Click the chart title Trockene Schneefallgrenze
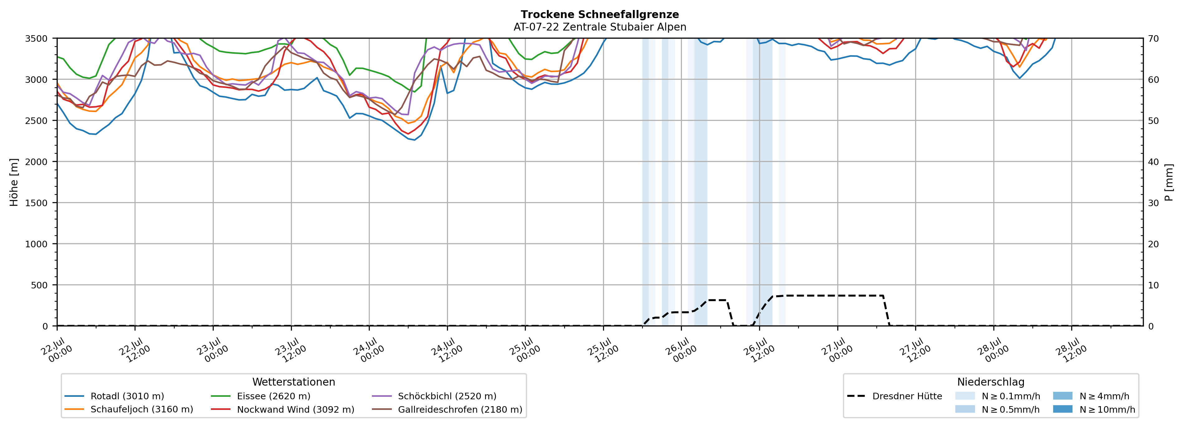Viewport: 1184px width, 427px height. tap(600, 15)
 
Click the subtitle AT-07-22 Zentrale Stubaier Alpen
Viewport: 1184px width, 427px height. tap(600, 27)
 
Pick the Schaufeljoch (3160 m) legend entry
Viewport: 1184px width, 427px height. tap(129, 409)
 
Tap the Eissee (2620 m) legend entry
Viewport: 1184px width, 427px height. tap(261, 396)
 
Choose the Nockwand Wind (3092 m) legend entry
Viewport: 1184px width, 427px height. tap(283, 409)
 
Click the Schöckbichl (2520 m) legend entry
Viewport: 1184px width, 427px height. tap(434, 396)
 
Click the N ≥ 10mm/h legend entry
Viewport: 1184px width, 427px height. tap(1094, 409)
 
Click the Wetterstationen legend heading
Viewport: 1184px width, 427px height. tap(294, 382)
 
